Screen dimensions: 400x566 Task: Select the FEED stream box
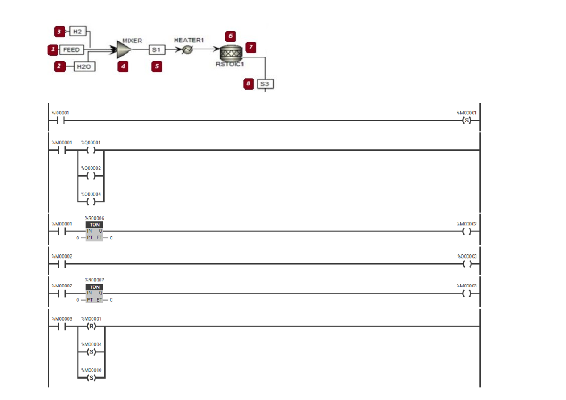click(71, 49)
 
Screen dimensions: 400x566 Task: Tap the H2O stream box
click(84, 66)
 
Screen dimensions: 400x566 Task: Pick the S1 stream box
click(156, 49)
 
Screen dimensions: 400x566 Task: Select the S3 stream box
click(265, 84)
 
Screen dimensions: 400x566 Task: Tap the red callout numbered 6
click(230, 36)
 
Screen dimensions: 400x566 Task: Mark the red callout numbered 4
click(123, 66)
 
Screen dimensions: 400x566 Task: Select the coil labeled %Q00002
click(91, 176)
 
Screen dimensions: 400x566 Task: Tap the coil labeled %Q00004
click(91, 202)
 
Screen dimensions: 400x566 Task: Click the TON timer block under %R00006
click(94, 231)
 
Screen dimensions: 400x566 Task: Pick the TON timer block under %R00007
click(94, 293)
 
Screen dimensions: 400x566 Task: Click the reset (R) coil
click(91, 326)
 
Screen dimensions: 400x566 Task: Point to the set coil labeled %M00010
click(91, 377)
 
